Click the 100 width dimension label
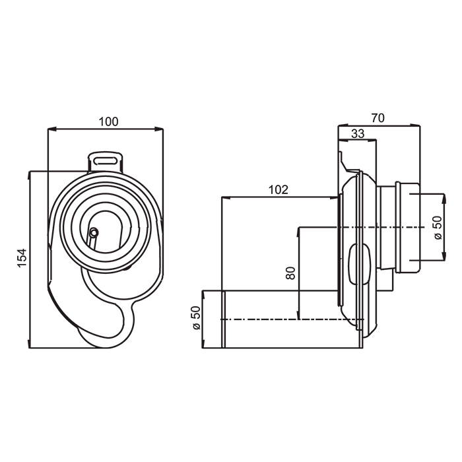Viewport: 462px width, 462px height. click(x=108, y=121)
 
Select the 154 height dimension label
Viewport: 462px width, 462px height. click(x=22, y=258)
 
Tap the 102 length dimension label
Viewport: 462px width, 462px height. click(x=278, y=190)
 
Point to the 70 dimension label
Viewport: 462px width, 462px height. click(x=378, y=118)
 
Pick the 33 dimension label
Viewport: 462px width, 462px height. click(x=358, y=134)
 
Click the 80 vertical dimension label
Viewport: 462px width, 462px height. click(x=290, y=273)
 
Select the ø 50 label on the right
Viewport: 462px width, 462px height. click(x=438, y=228)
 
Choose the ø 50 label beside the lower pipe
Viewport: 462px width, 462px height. click(x=195, y=317)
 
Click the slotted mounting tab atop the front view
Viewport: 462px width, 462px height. click(x=106, y=162)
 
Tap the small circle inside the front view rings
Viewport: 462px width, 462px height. click(x=94, y=233)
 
